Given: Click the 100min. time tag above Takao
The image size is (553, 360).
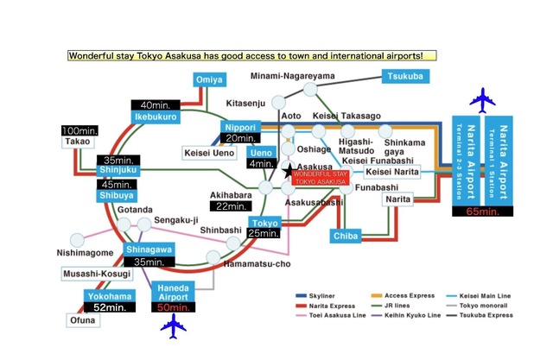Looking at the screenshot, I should (x=79, y=130).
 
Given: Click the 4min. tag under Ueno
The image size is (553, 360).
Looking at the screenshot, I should (x=260, y=163).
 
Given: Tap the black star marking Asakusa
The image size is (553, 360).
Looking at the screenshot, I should (x=288, y=172).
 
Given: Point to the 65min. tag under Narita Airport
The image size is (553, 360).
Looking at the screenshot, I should (x=479, y=210).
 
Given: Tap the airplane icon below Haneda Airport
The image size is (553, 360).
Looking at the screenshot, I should (x=175, y=326).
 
